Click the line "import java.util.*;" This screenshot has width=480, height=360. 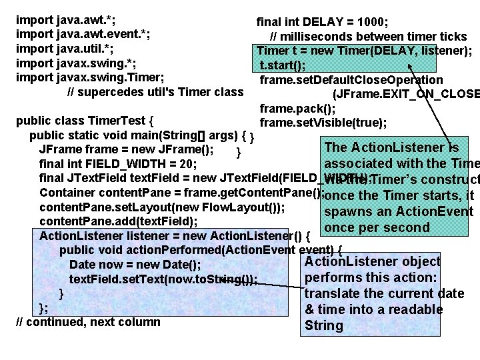pos(64,49)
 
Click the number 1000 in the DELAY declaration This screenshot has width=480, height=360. pos(375,21)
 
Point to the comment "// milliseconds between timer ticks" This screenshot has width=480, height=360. pos(368,36)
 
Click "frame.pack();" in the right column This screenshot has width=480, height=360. pos(297,108)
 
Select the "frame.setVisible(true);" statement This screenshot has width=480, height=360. pos(323,122)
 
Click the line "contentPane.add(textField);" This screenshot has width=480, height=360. pos(118,221)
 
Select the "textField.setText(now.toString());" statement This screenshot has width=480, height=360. pos(163,279)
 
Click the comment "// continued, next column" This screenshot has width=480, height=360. pos(87,322)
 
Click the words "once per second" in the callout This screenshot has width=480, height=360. pos(377,227)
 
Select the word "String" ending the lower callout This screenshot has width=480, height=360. pos(323,326)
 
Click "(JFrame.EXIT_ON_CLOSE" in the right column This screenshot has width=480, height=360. pos(405,94)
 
